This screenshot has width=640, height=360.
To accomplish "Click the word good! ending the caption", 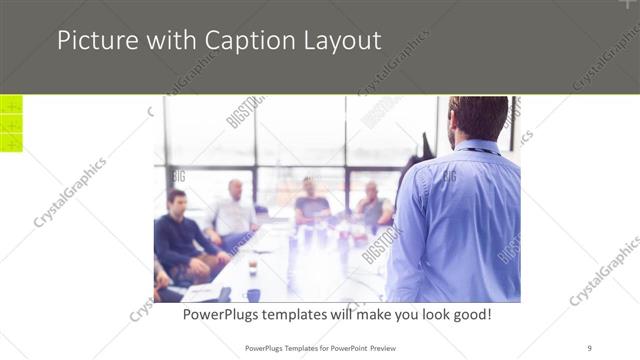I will (467, 314).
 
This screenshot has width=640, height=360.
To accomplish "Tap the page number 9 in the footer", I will (589, 347).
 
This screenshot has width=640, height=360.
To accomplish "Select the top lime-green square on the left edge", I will (11, 105).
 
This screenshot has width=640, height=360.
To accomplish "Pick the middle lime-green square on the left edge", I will (11, 124).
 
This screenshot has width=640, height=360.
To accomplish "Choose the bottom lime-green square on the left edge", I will (11, 143).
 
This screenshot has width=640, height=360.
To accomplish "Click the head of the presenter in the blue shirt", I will (478, 119).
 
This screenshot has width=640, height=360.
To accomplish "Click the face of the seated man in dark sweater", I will (177, 202).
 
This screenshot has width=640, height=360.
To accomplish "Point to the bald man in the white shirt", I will (234, 210).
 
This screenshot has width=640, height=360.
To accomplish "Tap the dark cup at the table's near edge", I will (253, 294).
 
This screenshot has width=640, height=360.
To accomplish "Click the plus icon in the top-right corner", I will (629, 5).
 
